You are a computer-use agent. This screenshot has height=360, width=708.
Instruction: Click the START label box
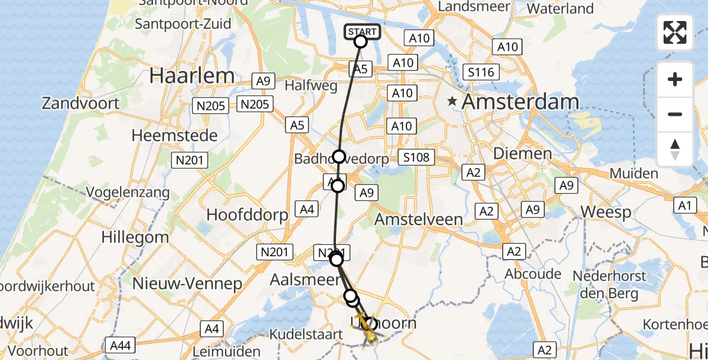362,32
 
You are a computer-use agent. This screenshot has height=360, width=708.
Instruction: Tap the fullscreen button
675,32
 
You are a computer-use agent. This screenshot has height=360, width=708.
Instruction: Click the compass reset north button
675,149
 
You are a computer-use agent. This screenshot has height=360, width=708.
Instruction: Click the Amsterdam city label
520,102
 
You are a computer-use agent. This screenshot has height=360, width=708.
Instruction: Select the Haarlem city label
192,76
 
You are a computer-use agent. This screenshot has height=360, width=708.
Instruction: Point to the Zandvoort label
80,103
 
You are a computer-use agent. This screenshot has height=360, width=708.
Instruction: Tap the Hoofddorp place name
247,215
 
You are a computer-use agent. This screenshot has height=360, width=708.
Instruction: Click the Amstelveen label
418,220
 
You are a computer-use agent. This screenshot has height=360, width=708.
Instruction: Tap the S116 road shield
481,73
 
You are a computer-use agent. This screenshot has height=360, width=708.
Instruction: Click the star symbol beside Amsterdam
454,101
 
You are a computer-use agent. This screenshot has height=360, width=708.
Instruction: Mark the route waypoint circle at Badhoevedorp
339,157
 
